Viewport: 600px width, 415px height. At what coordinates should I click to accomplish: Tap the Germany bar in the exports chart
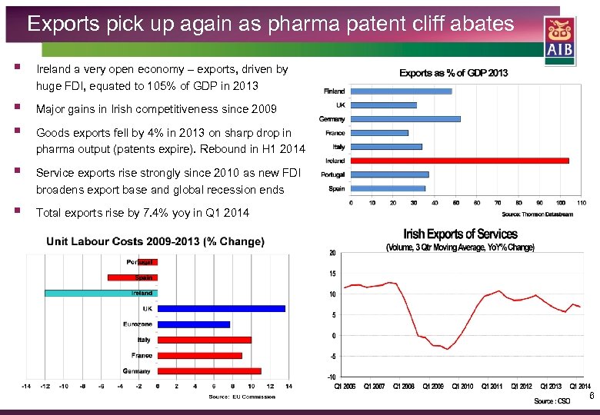coord(405,119)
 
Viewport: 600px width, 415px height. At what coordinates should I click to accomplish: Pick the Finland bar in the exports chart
coord(401,91)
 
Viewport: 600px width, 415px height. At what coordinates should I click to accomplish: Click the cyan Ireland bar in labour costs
coord(100,293)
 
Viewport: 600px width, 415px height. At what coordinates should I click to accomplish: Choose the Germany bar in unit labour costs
coord(209,371)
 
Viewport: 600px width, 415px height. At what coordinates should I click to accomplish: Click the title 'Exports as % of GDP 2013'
coord(453,73)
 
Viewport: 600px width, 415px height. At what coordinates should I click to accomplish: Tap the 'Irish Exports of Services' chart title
coord(460,234)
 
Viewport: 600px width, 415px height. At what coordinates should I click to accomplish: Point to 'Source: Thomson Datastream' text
coord(537,214)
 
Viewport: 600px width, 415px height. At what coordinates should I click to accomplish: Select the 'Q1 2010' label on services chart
coord(462,387)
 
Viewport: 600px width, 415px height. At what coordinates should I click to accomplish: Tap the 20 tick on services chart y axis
coord(332,253)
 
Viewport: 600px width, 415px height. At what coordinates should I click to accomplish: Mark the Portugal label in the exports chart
coord(333,174)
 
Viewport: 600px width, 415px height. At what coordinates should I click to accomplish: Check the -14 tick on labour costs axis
coord(25,387)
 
